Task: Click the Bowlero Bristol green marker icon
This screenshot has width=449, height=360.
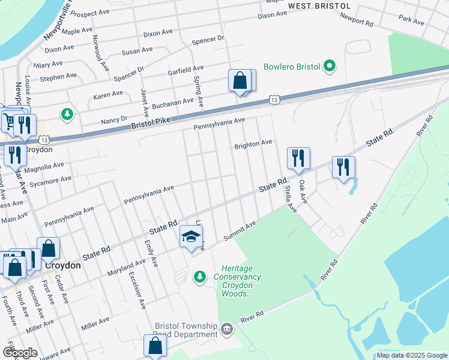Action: (329, 66)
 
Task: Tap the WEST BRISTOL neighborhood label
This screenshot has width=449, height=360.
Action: (319, 6)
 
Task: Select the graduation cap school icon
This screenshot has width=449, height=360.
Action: (191, 237)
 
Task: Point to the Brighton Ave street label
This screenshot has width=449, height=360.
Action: (253, 143)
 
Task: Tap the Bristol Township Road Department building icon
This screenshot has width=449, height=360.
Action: (227, 329)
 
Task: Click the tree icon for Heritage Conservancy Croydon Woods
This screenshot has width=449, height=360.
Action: (200, 277)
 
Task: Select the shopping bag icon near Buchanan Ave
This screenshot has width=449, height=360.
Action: (240, 81)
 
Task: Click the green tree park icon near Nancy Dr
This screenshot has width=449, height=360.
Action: (68, 113)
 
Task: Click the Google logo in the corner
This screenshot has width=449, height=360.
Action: (20, 353)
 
